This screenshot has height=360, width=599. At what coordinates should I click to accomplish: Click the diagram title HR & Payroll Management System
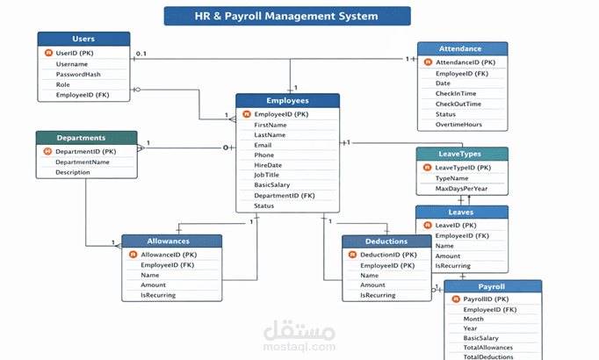[x=286, y=16]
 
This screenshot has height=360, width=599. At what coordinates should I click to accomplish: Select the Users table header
[x=83, y=39]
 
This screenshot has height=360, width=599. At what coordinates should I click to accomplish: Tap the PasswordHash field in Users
[x=77, y=75]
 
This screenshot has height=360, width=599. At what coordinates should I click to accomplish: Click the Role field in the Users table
[x=64, y=84]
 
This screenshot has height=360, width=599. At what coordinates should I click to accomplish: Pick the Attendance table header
[x=461, y=49]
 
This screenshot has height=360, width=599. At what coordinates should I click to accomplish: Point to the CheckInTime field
[x=456, y=93]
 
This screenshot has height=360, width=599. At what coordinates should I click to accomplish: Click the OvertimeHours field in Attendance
[x=458, y=124]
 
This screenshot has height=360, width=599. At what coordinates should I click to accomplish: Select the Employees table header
[x=287, y=101]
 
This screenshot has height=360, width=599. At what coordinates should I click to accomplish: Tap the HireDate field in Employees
[x=268, y=165]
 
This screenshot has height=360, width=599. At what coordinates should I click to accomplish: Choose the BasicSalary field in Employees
[x=272, y=185]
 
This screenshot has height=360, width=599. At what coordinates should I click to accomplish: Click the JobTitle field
[x=266, y=175]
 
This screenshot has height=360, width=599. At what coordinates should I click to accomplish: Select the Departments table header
[x=82, y=138]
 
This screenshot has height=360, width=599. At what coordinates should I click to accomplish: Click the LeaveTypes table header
[x=461, y=154]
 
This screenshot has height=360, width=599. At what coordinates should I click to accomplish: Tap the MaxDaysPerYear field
[x=461, y=188]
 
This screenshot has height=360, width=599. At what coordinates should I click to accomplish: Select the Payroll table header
[x=491, y=286]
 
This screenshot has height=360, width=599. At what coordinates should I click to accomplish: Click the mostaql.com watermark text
[x=299, y=346]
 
